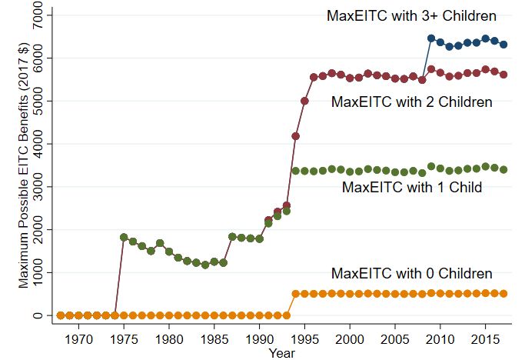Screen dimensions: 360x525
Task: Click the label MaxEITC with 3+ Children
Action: pyautogui.click(x=411, y=15)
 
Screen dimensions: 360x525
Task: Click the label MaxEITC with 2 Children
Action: pyautogui.click(x=411, y=102)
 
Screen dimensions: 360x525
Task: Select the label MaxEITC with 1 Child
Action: pyautogui.click(x=412, y=187)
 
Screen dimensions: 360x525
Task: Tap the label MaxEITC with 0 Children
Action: pyautogui.click(x=411, y=274)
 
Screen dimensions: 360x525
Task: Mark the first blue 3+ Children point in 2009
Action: pyautogui.click(x=431, y=38)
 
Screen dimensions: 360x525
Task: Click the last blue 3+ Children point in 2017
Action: pyautogui.click(x=503, y=45)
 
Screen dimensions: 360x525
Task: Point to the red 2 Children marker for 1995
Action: pyautogui.click(x=304, y=101)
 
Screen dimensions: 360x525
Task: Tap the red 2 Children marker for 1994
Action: pyautogui.click(x=296, y=136)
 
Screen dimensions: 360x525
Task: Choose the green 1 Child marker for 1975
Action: pyautogui.click(x=124, y=237)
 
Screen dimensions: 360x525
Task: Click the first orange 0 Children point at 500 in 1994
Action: pyautogui.click(x=296, y=294)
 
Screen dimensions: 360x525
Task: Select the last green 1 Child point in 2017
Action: pyautogui.click(x=503, y=169)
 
